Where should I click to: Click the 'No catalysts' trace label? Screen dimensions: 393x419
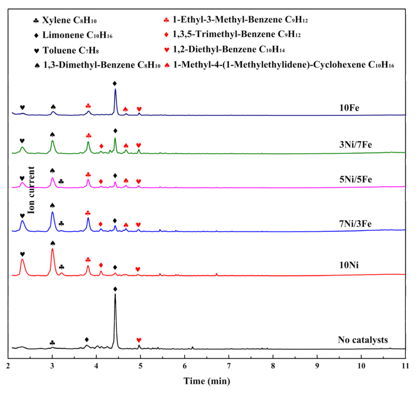click(x=363, y=340)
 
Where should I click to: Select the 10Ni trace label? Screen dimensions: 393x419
click(x=349, y=265)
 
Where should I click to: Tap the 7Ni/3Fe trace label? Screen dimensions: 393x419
click(x=355, y=224)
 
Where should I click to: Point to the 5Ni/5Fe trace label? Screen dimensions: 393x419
click(x=355, y=179)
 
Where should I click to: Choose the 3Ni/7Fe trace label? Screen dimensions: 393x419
click(x=355, y=145)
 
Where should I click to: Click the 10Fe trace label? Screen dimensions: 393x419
click(x=349, y=108)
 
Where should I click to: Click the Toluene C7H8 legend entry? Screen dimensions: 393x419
click(x=67, y=51)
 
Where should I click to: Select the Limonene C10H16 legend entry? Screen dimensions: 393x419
click(x=73, y=35)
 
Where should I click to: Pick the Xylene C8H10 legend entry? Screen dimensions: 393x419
click(x=65, y=21)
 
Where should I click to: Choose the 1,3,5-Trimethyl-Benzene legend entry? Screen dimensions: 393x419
click(x=232, y=34)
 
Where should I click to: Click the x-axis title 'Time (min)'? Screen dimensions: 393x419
click(x=207, y=381)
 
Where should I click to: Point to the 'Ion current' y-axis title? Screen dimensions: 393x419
click(x=31, y=190)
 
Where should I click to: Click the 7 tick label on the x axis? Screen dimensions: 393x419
click(x=229, y=366)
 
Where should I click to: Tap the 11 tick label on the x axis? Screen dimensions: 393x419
click(x=405, y=366)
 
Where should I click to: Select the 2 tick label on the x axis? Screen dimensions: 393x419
click(x=8, y=366)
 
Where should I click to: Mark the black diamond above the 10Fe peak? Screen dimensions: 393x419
click(x=115, y=83)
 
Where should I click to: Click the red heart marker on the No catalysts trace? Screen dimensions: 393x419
click(x=139, y=340)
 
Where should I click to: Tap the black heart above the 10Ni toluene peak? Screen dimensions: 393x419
click(x=22, y=254)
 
